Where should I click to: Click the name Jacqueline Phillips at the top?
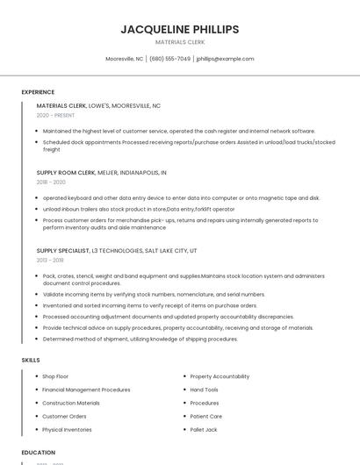pos(179,29)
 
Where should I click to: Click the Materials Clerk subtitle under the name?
pos(179,42)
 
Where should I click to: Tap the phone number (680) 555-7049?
pos(169,59)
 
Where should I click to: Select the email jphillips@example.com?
pos(225,59)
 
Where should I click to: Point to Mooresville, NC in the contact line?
pos(124,59)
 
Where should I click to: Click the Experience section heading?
pos(38,92)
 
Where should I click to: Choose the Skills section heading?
pos(31,360)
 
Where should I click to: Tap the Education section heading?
pos(38,453)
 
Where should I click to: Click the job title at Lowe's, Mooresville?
pos(98,105)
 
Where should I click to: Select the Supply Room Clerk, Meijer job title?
pos(101,173)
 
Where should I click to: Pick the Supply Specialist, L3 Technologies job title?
pos(117,251)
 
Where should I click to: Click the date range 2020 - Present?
pos(55,115)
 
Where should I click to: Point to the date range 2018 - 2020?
pos(51,182)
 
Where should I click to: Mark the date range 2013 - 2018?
pos(50,261)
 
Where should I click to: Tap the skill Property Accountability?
pos(220,376)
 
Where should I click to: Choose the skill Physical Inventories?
pos(67,430)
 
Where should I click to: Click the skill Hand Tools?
pos(205,390)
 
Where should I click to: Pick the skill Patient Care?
pos(206,417)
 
